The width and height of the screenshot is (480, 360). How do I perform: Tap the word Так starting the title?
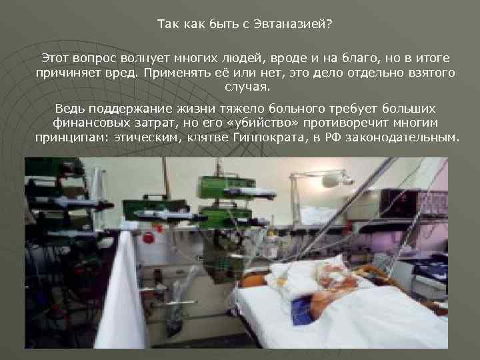[168, 25]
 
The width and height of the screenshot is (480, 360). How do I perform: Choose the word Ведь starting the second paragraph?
[71, 108]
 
